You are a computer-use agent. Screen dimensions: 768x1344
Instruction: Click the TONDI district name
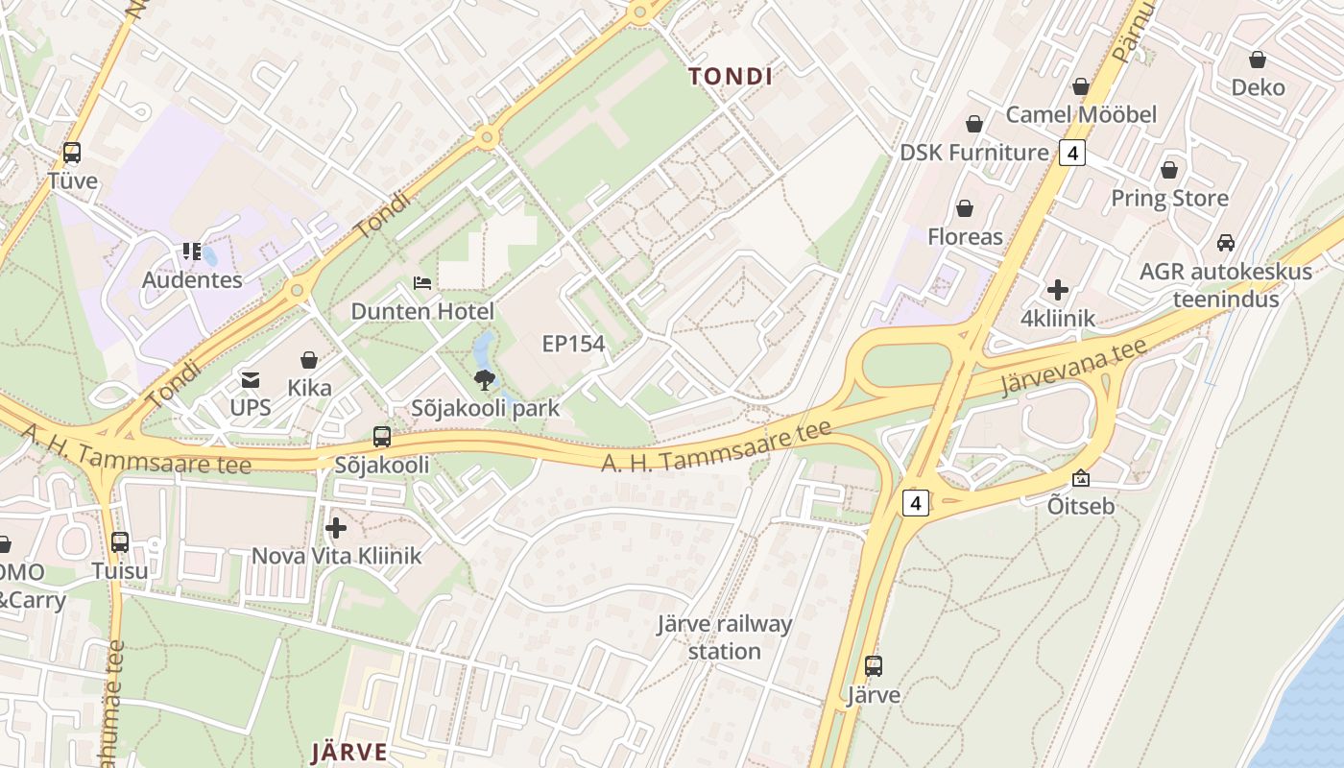pos(731,77)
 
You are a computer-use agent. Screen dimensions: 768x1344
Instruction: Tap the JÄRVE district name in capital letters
pos(349,752)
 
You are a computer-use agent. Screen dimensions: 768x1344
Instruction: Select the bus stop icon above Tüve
pos(72,153)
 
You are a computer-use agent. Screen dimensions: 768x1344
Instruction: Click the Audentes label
pos(192,280)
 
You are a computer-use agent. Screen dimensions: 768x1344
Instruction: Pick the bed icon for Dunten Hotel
pos(422,283)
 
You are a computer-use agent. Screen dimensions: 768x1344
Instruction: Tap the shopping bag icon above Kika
pos(309,360)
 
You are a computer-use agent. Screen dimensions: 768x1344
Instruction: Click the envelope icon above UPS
pos(251,380)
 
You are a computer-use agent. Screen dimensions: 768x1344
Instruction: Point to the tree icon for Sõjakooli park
pos(486,379)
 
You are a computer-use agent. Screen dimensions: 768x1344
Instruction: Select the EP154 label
pos(573,344)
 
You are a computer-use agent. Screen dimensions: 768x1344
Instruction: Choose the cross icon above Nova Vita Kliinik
pos(336,528)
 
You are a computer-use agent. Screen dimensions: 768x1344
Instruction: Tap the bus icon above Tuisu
pos(120,542)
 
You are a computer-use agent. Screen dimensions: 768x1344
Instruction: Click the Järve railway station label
pos(725,637)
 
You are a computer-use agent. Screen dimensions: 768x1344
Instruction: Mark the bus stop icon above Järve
pos(874,666)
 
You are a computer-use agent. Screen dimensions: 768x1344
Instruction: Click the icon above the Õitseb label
pos(1081,477)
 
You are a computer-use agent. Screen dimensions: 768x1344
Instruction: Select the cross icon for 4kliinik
pos(1058,290)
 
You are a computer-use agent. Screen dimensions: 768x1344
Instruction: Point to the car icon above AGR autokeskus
pos(1225,243)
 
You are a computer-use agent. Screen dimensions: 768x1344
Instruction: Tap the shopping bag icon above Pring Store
pos(1169,170)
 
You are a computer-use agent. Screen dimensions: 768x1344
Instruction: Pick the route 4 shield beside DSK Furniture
pos(1072,153)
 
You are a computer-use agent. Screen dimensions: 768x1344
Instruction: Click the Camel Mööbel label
pos(1081,114)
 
